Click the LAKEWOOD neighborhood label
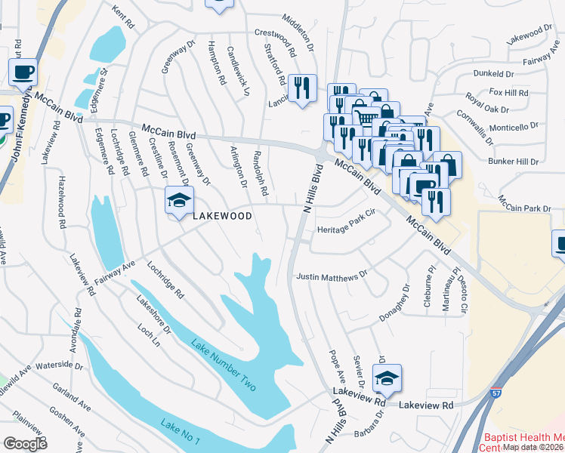tap(221, 216)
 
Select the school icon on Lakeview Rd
tap(387, 379)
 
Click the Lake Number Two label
tap(224, 365)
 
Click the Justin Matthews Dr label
tap(332, 277)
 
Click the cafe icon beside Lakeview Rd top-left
tap(22, 73)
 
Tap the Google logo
tap(25, 443)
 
